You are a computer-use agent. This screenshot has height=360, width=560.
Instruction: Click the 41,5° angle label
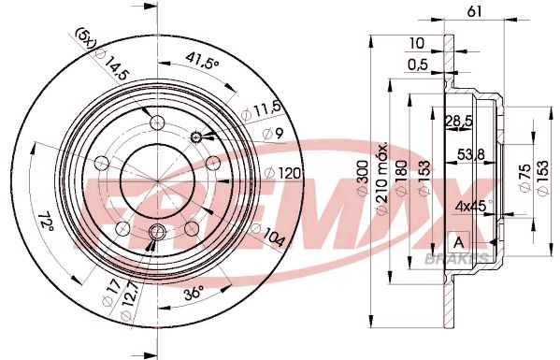(x=202, y=60)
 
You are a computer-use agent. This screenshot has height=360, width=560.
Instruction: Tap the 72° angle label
(x=46, y=222)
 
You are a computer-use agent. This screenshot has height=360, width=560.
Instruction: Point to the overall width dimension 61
(x=474, y=12)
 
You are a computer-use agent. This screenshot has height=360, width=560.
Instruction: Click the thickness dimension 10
(x=417, y=43)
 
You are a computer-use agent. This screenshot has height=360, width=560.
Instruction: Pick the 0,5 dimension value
(x=418, y=65)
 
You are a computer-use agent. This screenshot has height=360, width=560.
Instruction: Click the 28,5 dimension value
(x=459, y=122)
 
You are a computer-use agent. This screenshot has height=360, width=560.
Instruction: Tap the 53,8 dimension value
(x=471, y=154)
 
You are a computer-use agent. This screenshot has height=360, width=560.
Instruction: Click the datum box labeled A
(x=459, y=243)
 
